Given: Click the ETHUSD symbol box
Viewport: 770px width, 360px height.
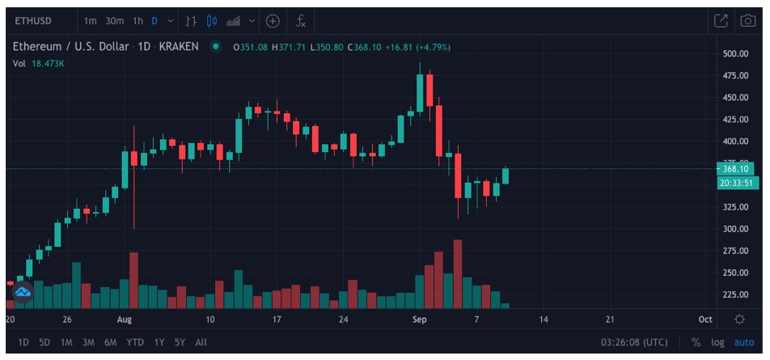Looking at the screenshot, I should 41,21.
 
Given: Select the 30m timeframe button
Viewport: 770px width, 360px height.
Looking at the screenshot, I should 114,21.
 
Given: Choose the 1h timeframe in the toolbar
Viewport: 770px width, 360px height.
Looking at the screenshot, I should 137,21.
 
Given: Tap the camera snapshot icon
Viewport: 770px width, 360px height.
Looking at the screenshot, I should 747,21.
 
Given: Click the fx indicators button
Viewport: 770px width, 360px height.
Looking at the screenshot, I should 300,21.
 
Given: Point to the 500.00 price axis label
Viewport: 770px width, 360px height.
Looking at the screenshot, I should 735,54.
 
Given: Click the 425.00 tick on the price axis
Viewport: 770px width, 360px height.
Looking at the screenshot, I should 735,120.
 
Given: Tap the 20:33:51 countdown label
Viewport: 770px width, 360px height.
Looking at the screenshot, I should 737,183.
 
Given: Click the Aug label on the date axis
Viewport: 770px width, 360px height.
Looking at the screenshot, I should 123,320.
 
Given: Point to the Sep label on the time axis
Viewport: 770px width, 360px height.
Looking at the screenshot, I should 419,320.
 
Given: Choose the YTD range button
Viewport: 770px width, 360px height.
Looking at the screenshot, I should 133,342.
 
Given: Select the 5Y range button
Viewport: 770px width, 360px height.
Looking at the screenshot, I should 180,342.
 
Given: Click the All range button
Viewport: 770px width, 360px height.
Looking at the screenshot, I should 201,342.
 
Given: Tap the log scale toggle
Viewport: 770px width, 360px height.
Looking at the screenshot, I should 717,342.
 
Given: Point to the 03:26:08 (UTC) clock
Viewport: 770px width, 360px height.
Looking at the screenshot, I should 635,342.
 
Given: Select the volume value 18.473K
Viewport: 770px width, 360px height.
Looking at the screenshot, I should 47,63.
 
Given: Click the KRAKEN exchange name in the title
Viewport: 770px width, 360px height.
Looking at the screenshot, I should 179,47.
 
